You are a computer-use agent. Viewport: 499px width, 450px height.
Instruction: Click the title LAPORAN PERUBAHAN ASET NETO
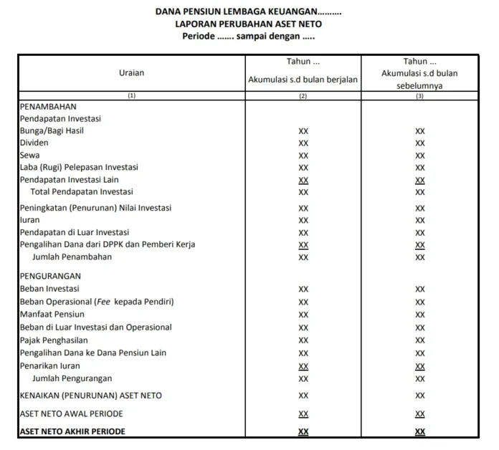[249, 24]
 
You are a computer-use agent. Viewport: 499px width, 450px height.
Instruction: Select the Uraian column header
[131, 72]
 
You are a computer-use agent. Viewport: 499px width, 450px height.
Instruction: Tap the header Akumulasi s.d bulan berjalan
[303, 79]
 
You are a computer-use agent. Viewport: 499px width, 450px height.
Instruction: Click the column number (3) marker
[419, 95]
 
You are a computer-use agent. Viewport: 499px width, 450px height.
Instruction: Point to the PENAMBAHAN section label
[48, 106]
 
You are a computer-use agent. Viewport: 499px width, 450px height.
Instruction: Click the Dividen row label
[34, 143]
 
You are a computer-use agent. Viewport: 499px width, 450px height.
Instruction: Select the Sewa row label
[29, 155]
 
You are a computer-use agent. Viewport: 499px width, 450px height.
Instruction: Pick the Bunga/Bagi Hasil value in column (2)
[303, 131]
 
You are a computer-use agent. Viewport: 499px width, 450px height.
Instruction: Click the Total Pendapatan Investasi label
[81, 191]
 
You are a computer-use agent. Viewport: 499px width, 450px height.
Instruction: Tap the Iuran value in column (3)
[419, 221]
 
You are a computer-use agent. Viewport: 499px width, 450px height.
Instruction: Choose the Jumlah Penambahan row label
[72, 257]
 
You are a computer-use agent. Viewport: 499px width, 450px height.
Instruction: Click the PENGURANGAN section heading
[50, 276]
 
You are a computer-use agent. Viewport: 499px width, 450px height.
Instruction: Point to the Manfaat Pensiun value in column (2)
[303, 315]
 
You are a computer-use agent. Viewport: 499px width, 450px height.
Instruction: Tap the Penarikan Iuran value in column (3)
[419, 366]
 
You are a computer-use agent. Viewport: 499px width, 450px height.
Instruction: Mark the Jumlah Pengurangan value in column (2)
[303, 378]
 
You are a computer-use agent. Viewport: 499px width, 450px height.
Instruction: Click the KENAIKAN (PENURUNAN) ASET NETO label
[91, 396]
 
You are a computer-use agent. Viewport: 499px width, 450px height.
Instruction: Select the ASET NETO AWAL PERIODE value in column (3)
[419, 414]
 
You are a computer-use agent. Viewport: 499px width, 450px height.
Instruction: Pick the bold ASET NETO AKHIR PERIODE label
[72, 431]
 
